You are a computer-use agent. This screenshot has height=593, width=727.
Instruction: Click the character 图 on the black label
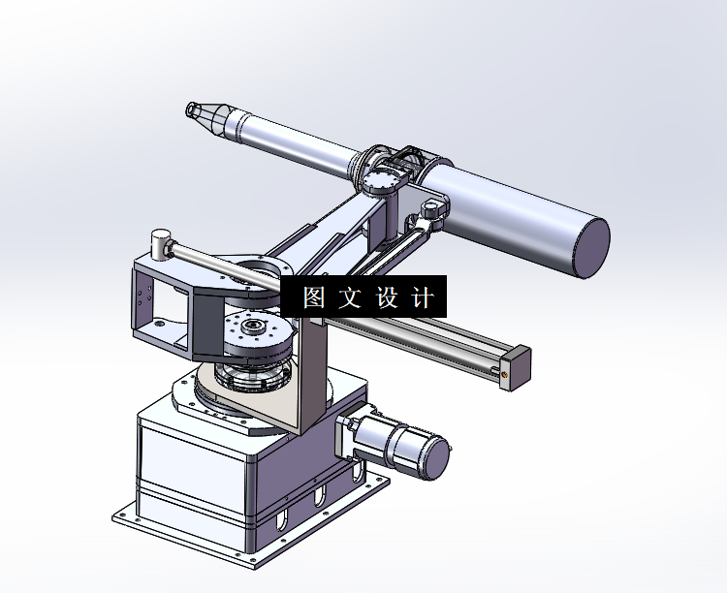(313, 297)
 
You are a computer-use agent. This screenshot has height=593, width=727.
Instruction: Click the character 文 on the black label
(349, 297)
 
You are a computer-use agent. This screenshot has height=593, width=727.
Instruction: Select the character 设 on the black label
(386, 297)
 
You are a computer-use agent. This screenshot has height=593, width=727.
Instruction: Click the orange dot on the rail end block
(505, 369)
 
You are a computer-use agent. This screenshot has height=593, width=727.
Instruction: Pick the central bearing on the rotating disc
(254, 327)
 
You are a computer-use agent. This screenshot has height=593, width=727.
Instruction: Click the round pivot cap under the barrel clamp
(380, 181)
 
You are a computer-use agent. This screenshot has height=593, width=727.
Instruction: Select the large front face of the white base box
(189, 465)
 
